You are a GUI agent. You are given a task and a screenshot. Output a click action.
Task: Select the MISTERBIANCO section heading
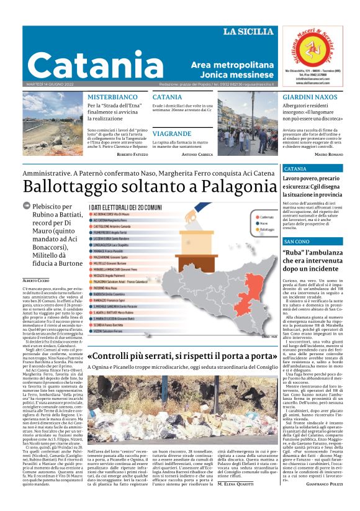click(x=112, y=97)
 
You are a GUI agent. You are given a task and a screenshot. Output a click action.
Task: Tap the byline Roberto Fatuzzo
click(x=132, y=154)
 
